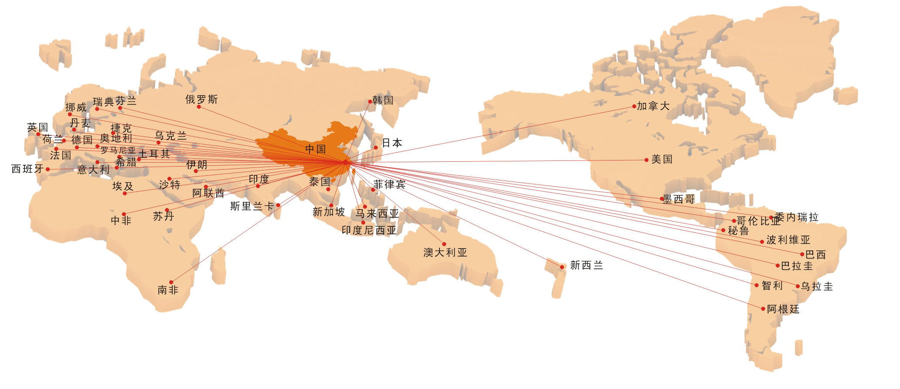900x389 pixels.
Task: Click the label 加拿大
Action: click(x=653, y=106)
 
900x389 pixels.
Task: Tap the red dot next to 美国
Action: click(x=646, y=160)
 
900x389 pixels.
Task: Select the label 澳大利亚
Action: click(x=445, y=253)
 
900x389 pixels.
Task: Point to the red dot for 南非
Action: click(x=171, y=282)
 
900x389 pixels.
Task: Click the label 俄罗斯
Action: click(x=201, y=99)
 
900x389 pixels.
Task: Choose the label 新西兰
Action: click(x=586, y=265)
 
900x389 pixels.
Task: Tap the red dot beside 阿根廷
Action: click(x=763, y=309)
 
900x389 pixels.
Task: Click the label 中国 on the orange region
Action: click(x=315, y=149)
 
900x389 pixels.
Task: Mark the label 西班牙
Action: click(x=27, y=169)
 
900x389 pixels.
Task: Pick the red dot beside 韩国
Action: click(x=370, y=102)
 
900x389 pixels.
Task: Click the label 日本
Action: click(x=392, y=143)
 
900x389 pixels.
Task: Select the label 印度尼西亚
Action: click(x=369, y=230)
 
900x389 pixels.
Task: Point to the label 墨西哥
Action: click(x=679, y=199)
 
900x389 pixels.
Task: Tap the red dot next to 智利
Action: click(x=757, y=285)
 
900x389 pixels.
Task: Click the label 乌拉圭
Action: click(x=817, y=287)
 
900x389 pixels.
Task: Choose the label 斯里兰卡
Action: click(x=252, y=206)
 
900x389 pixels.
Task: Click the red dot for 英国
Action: click(x=38, y=134)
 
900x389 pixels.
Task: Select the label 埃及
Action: click(x=123, y=186)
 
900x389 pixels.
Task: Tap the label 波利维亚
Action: click(x=788, y=240)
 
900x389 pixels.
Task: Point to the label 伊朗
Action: click(x=197, y=165)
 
